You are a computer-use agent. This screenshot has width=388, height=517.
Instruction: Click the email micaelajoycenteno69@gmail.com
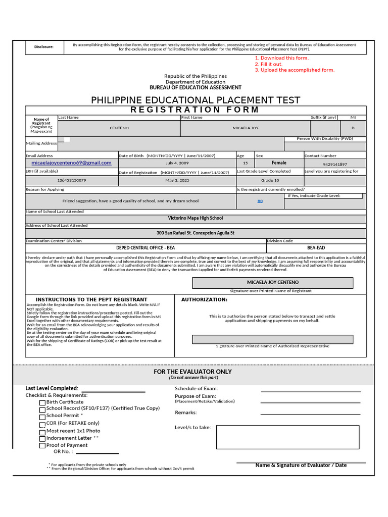pyautogui.click(x=71, y=163)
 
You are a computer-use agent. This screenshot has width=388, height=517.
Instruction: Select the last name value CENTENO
pyautogui.click(x=119, y=128)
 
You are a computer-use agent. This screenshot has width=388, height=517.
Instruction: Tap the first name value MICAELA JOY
pyautogui.click(x=246, y=128)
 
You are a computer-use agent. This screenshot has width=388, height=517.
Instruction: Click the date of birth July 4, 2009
pyautogui.click(x=177, y=164)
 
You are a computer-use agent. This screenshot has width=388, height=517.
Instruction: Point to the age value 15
pyautogui.click(x=246, y=164)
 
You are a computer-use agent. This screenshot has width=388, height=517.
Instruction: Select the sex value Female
pyautogui.click(x=279, y=163)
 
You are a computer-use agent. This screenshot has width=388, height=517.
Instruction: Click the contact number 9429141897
pyautogui.click(x=335, y=165)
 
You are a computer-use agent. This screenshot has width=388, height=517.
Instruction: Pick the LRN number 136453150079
pyautogui.click(x=71, y=180)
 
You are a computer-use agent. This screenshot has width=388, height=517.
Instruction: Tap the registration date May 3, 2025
pyautogui.click(x=177, y=180)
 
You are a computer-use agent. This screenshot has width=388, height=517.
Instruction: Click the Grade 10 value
pyautogui.click(x=270, y=180)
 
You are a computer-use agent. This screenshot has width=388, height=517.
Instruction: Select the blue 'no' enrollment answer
pyautogui.click(x=260, y=201)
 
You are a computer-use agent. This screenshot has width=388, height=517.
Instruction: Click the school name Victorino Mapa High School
pyautogui.click(x=196, y=218)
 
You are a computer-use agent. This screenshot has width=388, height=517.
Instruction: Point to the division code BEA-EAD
pyautogui.click(x=316, y=248)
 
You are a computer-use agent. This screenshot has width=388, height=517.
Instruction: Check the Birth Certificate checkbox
pyautogui.click(x=42, y=403)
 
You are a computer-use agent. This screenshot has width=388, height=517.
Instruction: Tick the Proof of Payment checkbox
pyautogui.click(x=42, y=446)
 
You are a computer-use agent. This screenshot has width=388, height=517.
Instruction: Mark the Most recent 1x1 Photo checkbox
pyautogui.click(x=42, y=432)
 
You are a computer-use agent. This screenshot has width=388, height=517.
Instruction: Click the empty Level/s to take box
pyautogui.click(x=287, y=437)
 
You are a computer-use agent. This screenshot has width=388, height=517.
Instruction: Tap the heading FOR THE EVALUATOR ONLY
pyautogui.click(x=193, y=372)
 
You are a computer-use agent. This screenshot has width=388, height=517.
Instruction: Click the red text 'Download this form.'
pyautogui.click(x=284, y=58)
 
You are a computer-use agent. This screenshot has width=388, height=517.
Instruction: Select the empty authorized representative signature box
pyautogui.click(x=272, y=339)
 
